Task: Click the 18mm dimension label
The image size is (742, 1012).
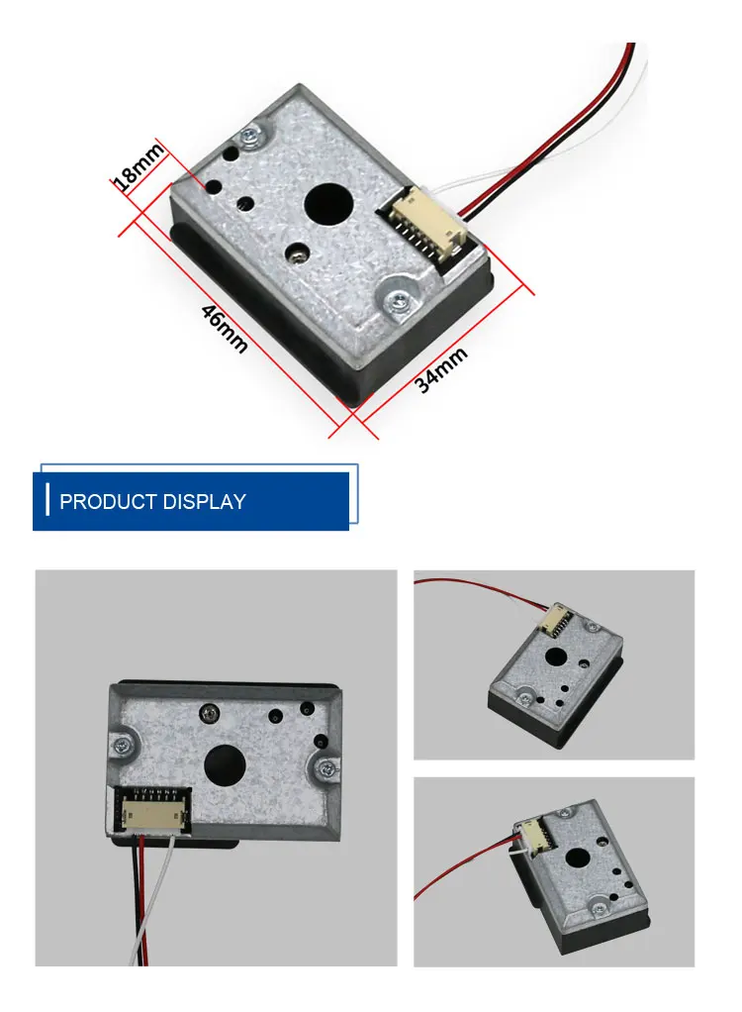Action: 136,167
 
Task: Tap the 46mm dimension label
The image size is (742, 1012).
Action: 225,329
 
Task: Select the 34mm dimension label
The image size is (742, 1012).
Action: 441,369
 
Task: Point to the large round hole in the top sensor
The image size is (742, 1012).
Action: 328,204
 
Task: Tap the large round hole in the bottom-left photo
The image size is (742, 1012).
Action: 226,765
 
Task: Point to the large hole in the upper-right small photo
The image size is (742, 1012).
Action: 555,658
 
